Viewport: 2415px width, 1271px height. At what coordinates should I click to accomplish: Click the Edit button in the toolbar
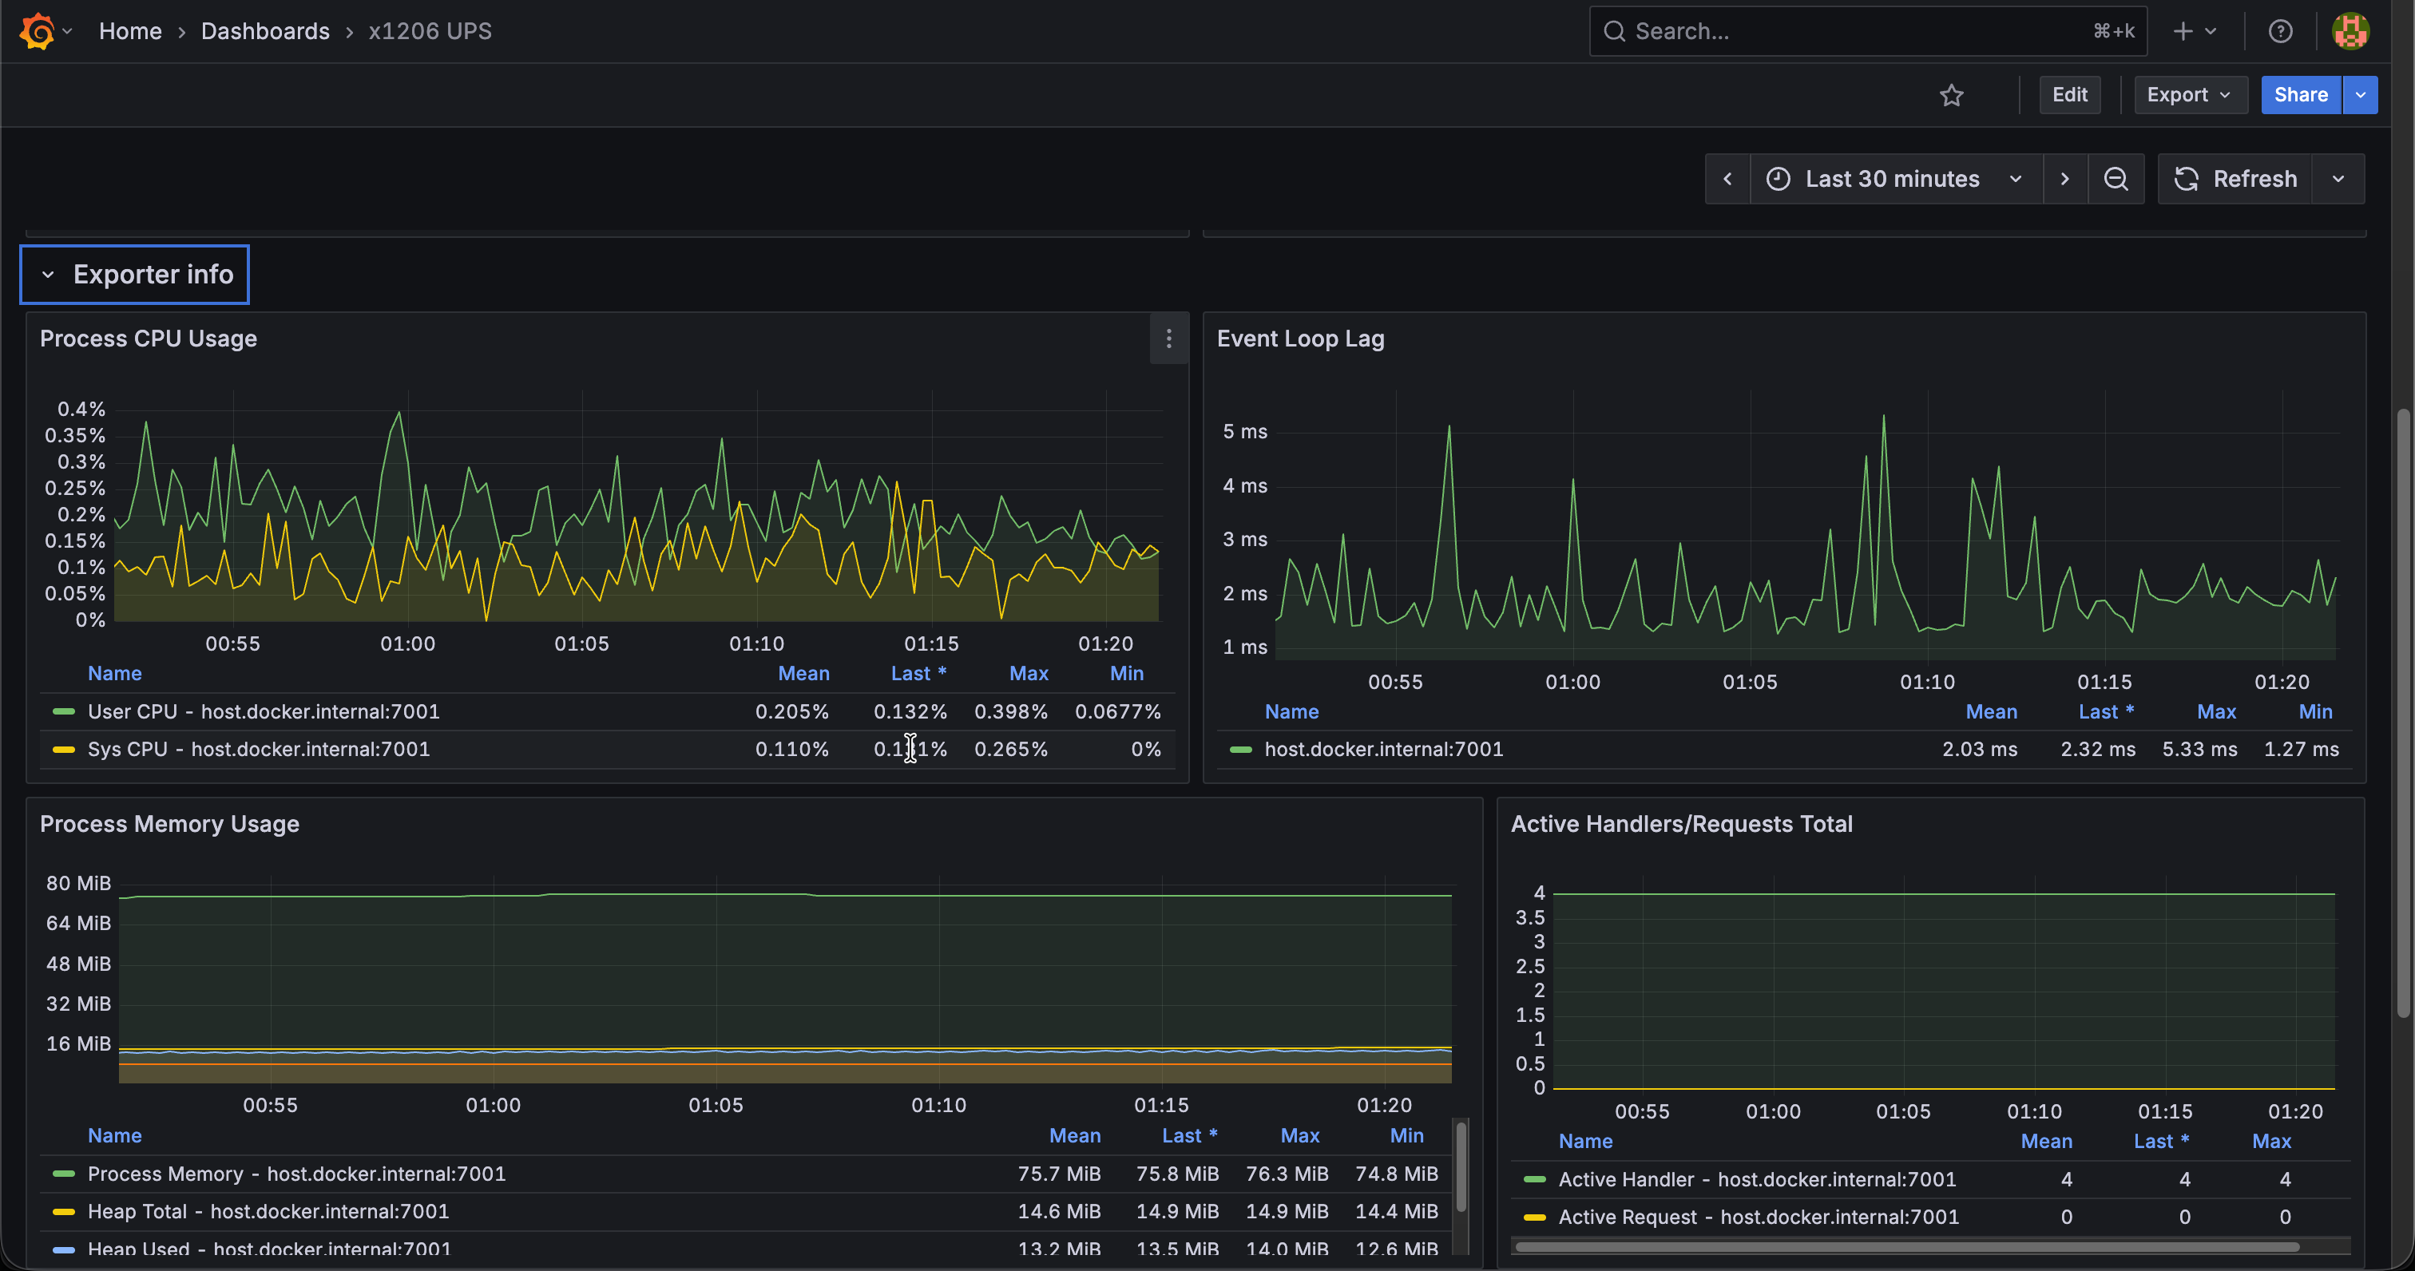pyautogui.click(x=2069, y=95)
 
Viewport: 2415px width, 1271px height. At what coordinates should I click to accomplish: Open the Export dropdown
pyautogui.click(x=2190, y=95)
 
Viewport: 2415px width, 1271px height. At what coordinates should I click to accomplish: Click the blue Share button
pyautogui.click(x=2301, y=95)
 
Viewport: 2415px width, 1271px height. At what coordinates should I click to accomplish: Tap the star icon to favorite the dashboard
pyautogui.click(x=1952, y=95)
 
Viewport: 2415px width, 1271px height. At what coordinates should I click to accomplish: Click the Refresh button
pyautogui.click(x=2236, y=179)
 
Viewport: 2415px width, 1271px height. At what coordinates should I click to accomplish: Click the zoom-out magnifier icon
pyautogui.click(x=2116, y=179)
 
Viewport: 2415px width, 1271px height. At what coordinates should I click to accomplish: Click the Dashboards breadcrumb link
pyautogui.click(x=265, y=31)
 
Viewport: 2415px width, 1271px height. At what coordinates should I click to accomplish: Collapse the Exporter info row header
pyautogui.click(x=135, y=275)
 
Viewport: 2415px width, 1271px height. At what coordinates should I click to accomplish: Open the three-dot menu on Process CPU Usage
pyautogui.click(x=1168, y=339)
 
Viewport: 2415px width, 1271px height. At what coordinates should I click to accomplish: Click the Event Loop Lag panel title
pyautogui.click(x=1300, y=339)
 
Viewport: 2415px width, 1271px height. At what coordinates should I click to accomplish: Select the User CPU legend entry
pyautogui.click(x=264, y=711)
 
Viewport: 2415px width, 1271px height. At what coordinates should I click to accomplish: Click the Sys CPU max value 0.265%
pyautogui.click(x=1010, y=749)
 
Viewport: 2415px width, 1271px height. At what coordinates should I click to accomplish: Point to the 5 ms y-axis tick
pyautogui.click(x=1245, y=431)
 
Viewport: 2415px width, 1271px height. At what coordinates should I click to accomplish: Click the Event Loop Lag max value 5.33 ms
pyautogui.click(x=2199, y=749)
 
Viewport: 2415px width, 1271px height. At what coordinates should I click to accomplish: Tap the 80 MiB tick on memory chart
pyautogui.click(x=79, y=883)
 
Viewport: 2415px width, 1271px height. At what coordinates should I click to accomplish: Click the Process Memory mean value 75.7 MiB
pyautogui.click(x=1060, y=1174)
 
